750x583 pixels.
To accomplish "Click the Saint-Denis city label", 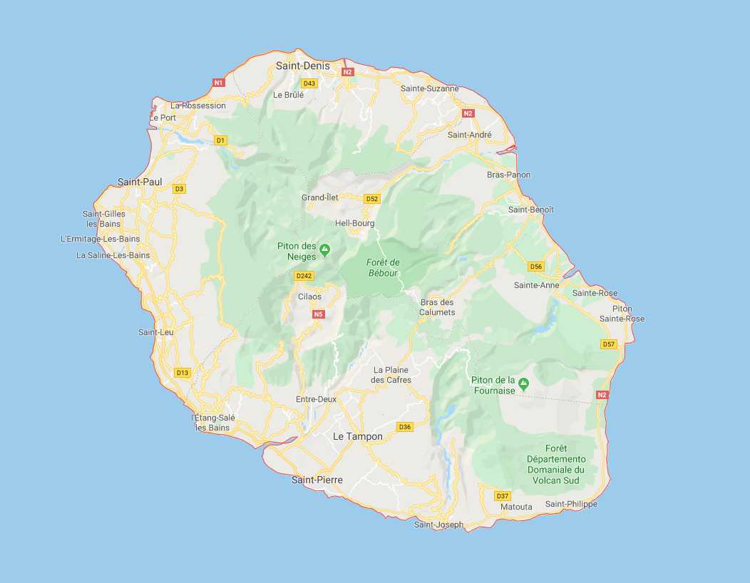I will [303, 66].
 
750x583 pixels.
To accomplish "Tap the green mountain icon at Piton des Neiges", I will [325, 249].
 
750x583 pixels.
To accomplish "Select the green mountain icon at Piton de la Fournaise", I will [524, 384].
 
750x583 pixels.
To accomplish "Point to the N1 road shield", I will [219, 83].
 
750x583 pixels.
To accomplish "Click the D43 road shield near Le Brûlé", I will [309, 83].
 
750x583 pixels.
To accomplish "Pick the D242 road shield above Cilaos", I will [304, 276].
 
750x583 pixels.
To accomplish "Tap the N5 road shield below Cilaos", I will [318, 314].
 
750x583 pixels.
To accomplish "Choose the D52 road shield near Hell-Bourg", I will [371, 199].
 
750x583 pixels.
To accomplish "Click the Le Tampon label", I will [358, 436].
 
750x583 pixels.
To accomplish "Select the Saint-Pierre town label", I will [317, 480].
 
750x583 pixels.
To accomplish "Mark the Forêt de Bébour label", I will [384, 267].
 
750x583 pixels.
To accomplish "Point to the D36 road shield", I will [405, 427].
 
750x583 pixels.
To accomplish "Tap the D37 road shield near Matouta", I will [503, 496].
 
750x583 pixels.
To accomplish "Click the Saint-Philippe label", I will [571, 504].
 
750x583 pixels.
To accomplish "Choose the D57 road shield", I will [608, 344].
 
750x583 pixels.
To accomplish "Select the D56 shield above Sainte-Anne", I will [536, 267].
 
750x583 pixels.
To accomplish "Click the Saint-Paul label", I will [140, 182].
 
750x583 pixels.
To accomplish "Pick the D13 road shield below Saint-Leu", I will [183, 373].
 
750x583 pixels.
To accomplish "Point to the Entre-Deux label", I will [316, 399].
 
